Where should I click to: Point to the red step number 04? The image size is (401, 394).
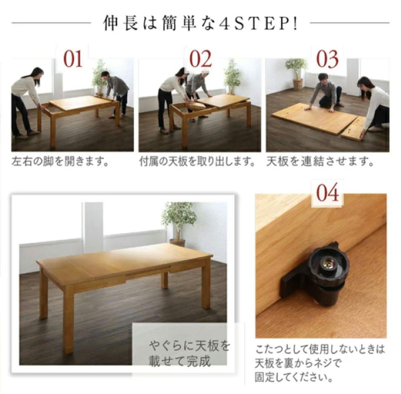click(327, 192)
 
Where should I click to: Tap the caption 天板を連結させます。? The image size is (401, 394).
click(320, 161)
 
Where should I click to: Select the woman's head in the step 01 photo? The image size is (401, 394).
click(38, 74)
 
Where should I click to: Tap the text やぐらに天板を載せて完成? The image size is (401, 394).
click(189, 354)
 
